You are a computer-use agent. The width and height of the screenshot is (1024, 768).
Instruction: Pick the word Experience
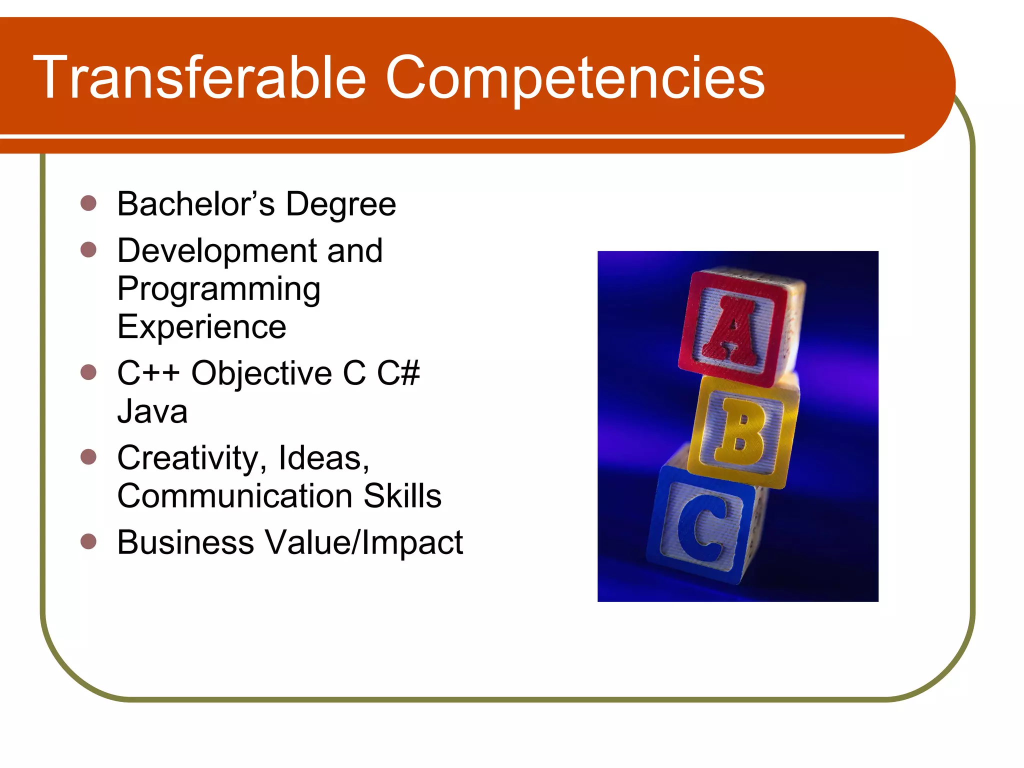point(201,327)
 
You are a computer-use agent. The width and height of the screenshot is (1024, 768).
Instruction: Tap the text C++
point(148,373)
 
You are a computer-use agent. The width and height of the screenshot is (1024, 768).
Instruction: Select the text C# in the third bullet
point(398,373)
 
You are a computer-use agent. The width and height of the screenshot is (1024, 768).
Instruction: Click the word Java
point(152,411)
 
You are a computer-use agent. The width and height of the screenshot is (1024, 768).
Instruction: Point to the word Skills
point(402,496)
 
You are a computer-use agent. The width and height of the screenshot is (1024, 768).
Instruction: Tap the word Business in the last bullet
point(185,542)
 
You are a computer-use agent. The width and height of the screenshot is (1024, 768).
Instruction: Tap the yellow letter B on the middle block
point(739,431)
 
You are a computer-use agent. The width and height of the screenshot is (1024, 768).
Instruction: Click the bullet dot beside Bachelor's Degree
point(88,203)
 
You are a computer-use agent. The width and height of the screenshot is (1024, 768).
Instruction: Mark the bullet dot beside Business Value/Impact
point(88,541)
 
